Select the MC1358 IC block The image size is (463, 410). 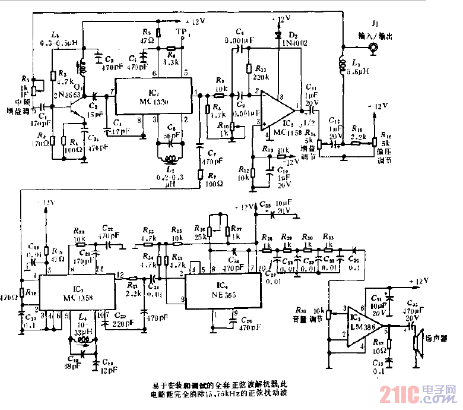coord(74,292)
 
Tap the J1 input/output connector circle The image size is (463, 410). coord(373,49)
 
